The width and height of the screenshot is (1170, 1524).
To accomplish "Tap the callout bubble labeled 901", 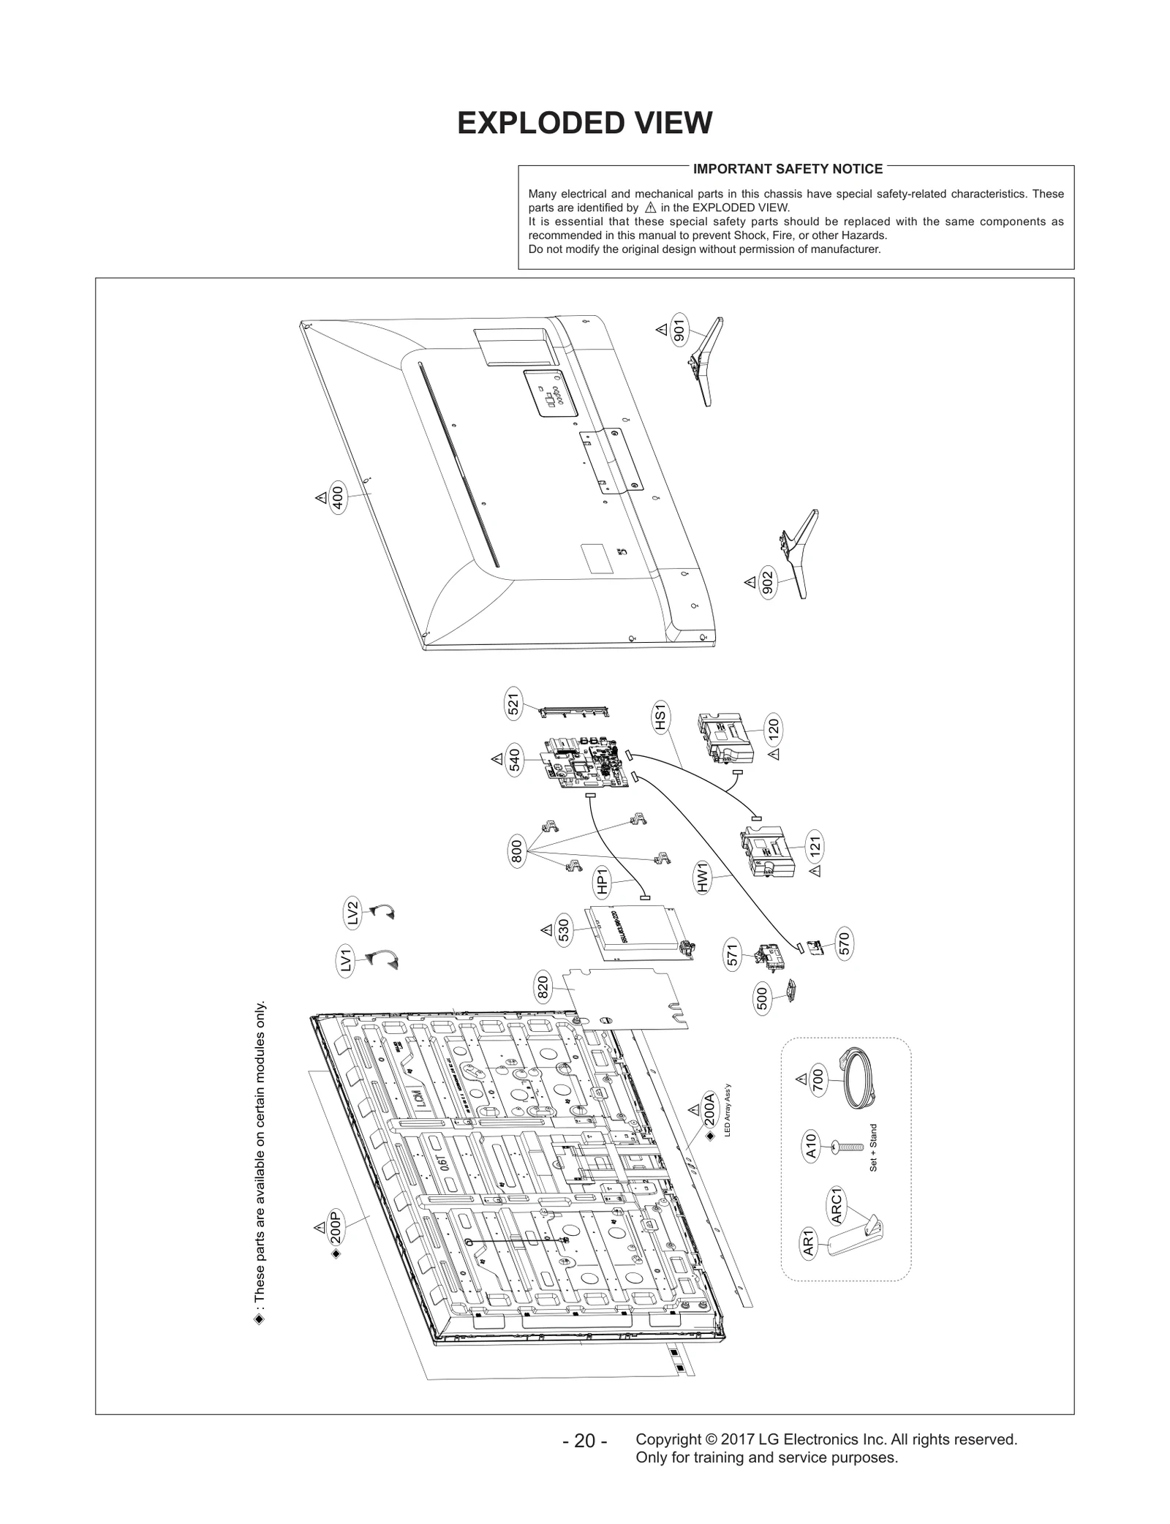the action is pos(679,331).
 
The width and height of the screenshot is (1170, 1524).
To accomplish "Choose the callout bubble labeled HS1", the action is pos(660,717).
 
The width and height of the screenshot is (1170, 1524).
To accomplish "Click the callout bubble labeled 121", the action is pos(815,847).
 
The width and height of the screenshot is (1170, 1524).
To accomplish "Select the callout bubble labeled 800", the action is pos(516,853).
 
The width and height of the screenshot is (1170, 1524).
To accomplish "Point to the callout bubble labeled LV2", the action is pos(352,914).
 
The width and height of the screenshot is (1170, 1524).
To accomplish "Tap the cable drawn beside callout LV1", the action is pos(382,959).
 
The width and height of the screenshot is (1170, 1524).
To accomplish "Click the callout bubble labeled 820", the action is pos(543,989).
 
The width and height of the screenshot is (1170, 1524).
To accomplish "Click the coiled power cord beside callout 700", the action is pos(856,1079).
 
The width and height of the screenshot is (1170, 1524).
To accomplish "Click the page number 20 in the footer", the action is pos(585,1441).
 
